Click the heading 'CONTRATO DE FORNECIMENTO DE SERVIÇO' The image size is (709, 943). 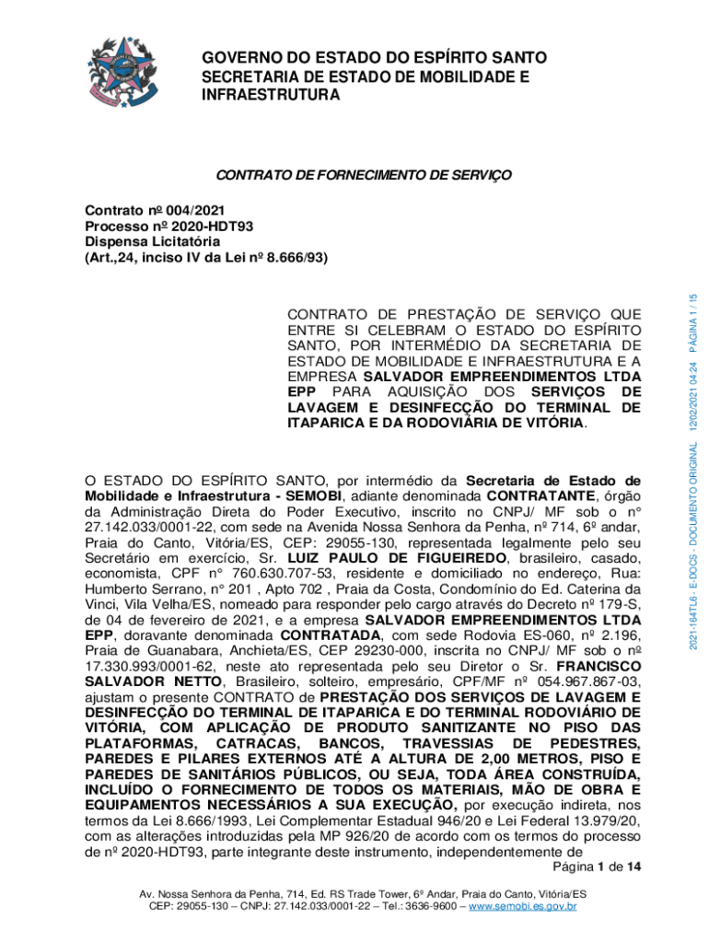[x=362, y=176]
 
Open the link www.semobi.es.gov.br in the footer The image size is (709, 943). [x=522, y=907]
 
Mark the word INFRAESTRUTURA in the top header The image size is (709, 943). [x=271, y=95]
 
